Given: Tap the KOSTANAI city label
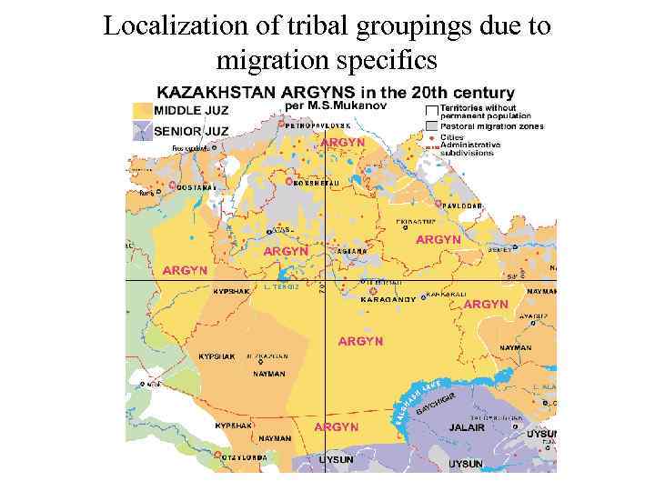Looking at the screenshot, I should (197, 186).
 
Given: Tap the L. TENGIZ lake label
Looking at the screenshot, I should (281, 287).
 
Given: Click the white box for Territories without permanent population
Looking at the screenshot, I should (431, 109).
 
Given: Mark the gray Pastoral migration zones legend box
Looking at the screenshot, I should (431, 126).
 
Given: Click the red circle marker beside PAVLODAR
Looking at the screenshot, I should (438, 203).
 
